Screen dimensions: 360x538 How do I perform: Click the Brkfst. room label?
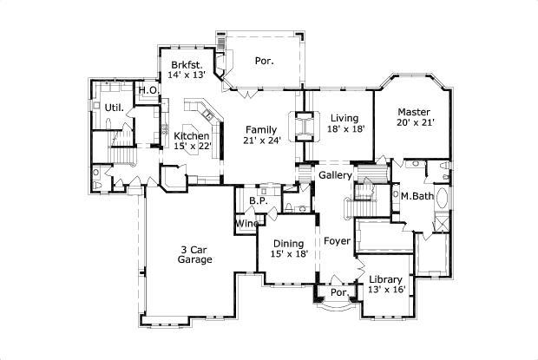click(187, 65)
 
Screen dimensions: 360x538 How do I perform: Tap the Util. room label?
click(114, 108)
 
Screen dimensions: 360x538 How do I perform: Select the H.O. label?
click(148, 90)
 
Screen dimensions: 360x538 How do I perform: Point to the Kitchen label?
click(191, 136)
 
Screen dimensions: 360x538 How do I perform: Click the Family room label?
click(260, 129)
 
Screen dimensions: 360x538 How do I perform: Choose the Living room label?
click(344, 118)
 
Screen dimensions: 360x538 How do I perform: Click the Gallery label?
click(335, 175)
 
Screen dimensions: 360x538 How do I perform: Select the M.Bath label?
click(417, 196)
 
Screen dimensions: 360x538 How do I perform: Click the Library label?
click(384, 279)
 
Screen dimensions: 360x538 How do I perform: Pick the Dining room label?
click(288, 244)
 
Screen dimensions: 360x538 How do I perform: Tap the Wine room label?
click(246, 224)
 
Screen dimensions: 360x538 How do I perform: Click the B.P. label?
click(257, 201)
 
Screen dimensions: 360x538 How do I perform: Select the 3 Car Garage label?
click(195, 254)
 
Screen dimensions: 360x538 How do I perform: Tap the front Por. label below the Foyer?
click(339, 293)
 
